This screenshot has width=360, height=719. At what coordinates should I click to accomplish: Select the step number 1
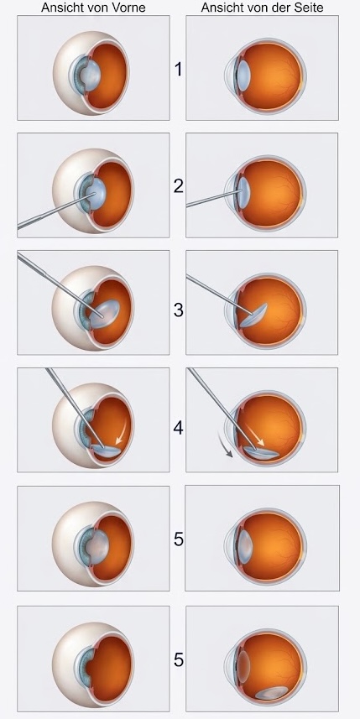(179, 70)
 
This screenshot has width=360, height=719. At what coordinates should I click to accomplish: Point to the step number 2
(179, 186)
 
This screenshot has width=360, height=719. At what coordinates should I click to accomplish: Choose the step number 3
(179, 310)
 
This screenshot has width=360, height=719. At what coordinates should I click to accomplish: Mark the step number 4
(179, 428)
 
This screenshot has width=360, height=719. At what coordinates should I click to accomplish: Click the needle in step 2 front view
(56, 210)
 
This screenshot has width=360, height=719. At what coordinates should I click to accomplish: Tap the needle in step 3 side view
(220, 294)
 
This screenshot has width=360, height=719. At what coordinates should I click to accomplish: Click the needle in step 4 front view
(70, 407)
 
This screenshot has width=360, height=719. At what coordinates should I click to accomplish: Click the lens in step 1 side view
(243, 73)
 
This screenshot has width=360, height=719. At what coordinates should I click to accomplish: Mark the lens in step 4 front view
(107, 451)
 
